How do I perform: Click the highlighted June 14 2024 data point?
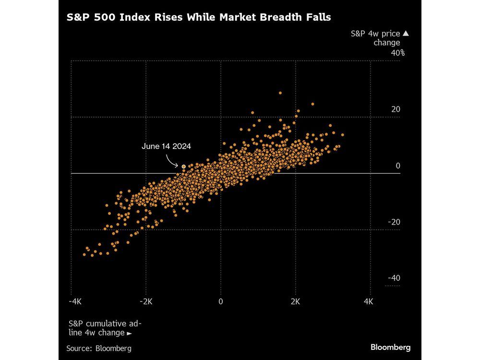(x=183, y=166)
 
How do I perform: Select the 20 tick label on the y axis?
(x=396, y=109)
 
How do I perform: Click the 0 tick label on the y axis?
(x=397, y=166)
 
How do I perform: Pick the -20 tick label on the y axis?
(x=394, y=222)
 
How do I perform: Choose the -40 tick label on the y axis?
(x=394, y=278)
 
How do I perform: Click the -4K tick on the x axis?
(x=75, y=301)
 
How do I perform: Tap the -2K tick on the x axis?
(x=145, y=301)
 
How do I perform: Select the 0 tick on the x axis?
(x=221, y=301)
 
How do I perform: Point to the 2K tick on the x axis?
(x=295, y=301)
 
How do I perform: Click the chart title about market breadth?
(x=199, y=17)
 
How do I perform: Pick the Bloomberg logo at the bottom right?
(x=390, y=347)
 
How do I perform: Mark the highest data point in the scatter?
(x=280, y=93)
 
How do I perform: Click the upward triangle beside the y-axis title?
(x=405, y=34)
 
